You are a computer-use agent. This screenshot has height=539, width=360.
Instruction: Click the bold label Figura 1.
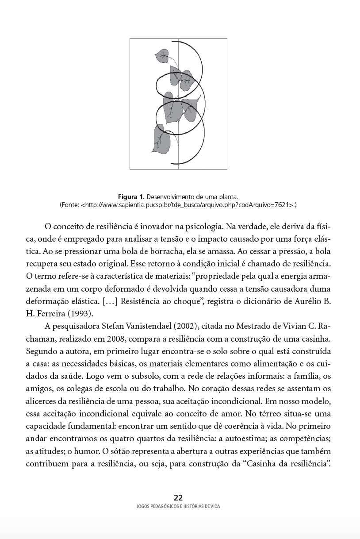131,196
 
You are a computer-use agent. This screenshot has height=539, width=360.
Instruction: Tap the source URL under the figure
186,205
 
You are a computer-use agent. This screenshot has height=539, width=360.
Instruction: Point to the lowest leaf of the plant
162,139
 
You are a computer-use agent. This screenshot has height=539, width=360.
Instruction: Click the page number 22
178,497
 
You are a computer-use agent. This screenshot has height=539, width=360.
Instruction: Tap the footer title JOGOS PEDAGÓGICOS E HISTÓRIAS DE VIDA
178,507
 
